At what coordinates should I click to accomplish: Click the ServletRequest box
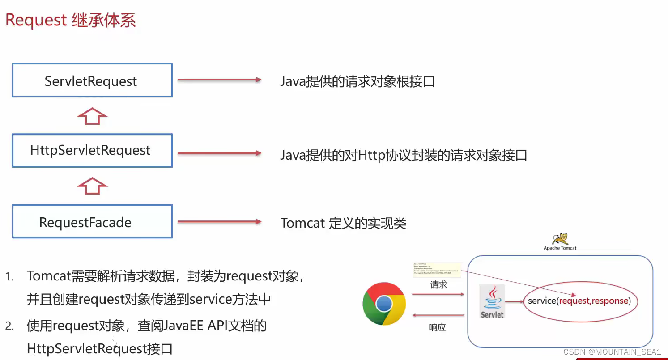[x=92, y=80]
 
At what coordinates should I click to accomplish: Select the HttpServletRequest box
[x=92, y=150]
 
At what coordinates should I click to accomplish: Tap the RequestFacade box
[x=92, y=222]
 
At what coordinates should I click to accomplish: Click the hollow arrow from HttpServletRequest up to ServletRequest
[x=92, y=116]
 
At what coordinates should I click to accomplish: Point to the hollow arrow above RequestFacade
[x=92, y=186]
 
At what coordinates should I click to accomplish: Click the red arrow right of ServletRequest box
[x=219, y=80]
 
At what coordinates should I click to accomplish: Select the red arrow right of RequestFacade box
[x=219, y=221]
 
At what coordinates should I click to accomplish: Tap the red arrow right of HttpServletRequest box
[x=219, y=153]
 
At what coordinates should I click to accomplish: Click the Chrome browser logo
[x=384, y=304]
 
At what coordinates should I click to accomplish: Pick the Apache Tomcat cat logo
[x=560, y=238]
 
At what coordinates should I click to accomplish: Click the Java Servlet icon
[x=492, y=301]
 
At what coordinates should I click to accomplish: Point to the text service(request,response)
[x=579, y=301]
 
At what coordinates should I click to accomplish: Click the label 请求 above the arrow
[x=438, y=285]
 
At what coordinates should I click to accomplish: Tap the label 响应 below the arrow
[x=438, y=327]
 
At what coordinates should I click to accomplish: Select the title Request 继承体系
[x=71, y=21]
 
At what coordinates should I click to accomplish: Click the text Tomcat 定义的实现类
[x=343, y=223]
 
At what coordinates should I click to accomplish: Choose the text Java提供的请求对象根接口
[x=357, y=81]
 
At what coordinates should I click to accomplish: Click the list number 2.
[x=9, y=326]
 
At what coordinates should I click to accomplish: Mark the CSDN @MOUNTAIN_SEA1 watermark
[x=612, y=352]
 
